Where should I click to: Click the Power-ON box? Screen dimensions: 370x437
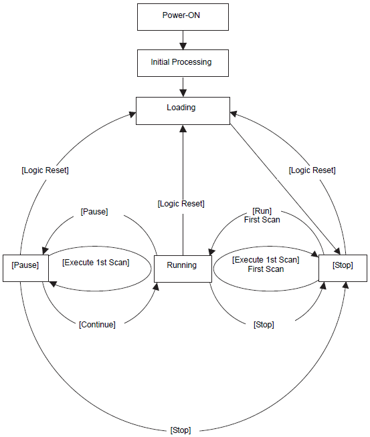point(183,17)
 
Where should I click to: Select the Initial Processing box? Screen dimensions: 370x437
point(183,63)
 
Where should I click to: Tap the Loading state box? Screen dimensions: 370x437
point(183,111)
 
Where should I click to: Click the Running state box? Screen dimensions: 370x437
point(183,269)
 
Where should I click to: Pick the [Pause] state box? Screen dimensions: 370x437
point(25,268)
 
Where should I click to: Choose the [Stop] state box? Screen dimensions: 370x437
point(343,268)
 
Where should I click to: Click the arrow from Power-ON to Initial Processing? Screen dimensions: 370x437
point(183,40)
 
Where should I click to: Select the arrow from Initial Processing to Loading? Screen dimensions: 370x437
point(183,87)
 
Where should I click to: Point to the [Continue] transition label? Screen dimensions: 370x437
point(97,325)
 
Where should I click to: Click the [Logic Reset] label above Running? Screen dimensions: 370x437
point(181,204)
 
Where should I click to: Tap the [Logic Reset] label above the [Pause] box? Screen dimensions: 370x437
point(45,170)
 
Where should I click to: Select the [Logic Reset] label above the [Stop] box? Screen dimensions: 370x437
point(312,170)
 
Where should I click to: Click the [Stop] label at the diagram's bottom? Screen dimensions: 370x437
point(181,430)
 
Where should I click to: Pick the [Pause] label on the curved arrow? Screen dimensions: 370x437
point(94,212)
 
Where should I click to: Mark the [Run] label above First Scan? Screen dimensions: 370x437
point(262,211)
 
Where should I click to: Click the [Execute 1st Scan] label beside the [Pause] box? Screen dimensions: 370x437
point(96,263)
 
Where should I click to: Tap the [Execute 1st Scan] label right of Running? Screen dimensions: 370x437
point(266,260)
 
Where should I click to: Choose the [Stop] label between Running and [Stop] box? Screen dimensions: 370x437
point(264,325)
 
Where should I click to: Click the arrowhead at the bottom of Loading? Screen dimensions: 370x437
point(183,128)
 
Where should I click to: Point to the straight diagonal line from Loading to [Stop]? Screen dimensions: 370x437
point(285,189)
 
